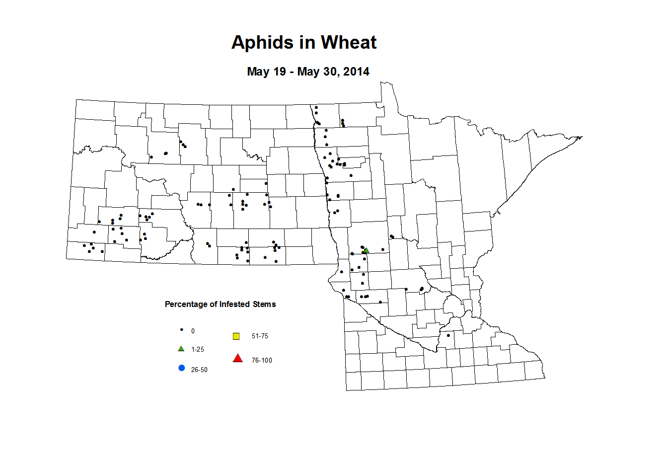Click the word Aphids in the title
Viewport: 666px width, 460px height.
pos(261,43)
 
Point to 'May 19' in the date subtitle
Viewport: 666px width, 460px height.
pos(266,72)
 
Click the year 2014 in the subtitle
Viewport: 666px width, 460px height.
pos(356,72)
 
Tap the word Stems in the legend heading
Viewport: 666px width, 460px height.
pos(264,304)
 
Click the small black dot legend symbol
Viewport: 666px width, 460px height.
pos(181,330)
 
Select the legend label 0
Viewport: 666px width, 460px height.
pos(193,331)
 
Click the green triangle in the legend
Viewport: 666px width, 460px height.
pos(181,349)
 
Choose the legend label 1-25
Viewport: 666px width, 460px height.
pos(198,350)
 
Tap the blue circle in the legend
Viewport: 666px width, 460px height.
pos(181,368)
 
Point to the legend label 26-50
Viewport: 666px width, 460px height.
pos(199,370)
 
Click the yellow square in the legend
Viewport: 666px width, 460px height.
pos(236,336)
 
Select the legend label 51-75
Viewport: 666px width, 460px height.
pos(260,336)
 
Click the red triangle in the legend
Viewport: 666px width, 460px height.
pos(238,358)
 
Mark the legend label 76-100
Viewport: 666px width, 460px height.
pos(262,361)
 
